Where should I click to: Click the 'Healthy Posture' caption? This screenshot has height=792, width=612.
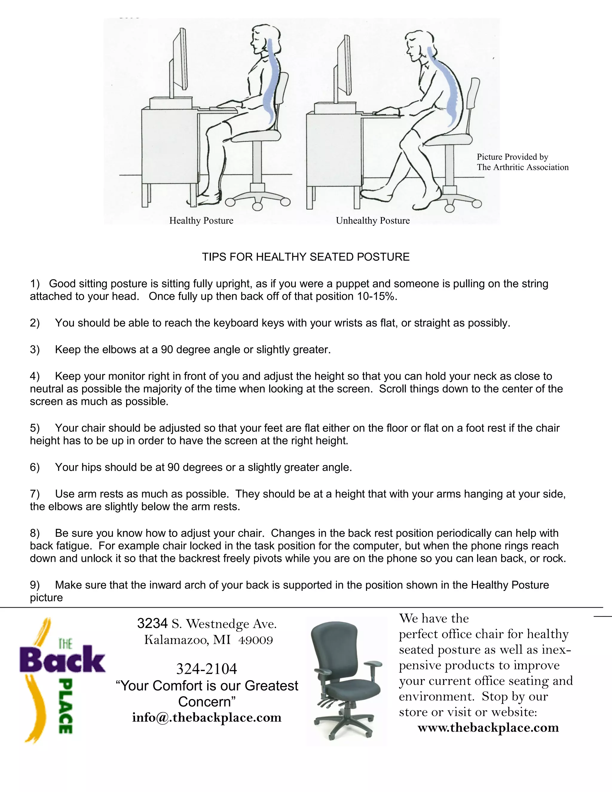click(201, 221)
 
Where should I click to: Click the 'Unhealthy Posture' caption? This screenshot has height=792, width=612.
click(373, 221)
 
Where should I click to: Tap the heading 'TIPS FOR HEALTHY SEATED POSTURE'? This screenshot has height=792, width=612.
click(306, 257)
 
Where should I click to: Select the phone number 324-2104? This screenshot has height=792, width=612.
click(207, 669)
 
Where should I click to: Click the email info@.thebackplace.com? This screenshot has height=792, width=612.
click(207, 717)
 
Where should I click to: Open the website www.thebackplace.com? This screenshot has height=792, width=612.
click(488, 727)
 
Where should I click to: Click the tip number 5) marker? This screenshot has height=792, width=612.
click(35, 428)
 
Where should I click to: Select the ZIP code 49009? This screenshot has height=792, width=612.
click(255, 640)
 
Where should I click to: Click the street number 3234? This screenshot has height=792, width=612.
click(152, 624)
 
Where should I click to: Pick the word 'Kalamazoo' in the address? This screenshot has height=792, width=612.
click(176, 640)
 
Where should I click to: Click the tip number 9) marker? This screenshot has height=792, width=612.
click(35, 585)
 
